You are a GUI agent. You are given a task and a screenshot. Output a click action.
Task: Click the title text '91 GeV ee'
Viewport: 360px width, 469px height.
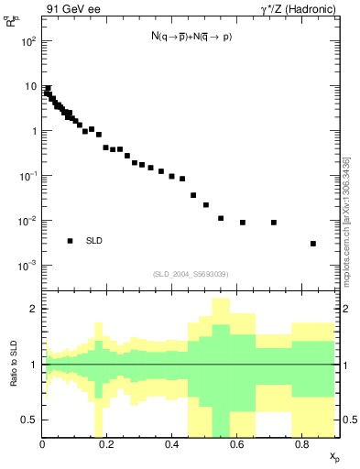(x=72, y=10)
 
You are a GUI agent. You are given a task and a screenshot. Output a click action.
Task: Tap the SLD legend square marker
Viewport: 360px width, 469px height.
(x=70, y=241)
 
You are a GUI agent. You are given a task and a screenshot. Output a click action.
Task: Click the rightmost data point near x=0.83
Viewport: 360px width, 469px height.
(x=313, y=244)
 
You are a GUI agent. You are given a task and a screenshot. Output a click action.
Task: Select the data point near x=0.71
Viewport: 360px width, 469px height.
(x=274, y=223)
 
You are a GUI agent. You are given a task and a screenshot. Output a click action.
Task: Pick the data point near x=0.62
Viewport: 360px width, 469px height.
(x=243, y=223)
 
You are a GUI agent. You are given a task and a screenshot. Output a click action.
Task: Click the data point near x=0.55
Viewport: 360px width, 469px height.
(x=221, y=218)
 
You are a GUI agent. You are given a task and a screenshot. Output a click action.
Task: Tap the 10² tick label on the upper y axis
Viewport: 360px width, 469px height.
(x=29, y=41)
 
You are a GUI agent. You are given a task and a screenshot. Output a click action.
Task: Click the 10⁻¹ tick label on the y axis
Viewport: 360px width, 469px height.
(x=28, y=176)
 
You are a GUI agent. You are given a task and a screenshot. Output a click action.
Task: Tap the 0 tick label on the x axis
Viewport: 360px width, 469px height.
(x=43, y=446)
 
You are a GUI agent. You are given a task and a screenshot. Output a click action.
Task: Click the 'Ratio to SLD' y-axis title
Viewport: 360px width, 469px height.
(x=13, y=365)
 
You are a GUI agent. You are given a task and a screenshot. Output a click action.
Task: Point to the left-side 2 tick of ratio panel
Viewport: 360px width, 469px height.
(x=33, y=310)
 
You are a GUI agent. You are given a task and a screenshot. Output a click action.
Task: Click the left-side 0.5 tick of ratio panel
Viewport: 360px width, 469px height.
(x=29, y=420)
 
